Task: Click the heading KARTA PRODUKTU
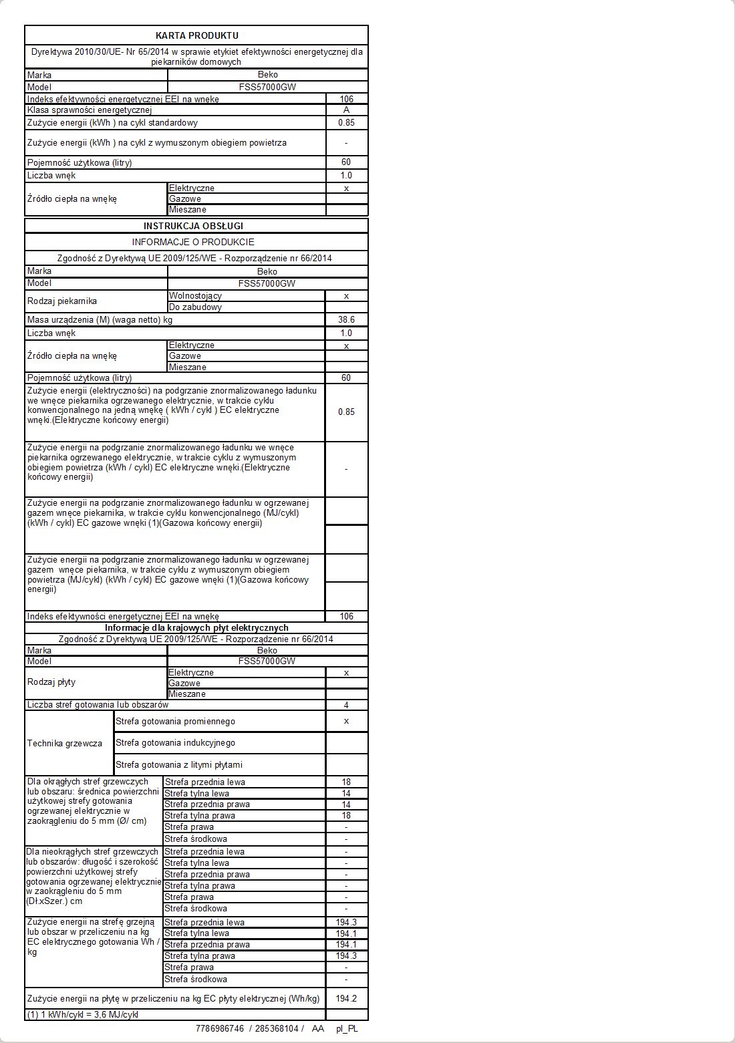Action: pos(196,35)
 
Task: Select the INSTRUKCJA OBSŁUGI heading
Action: pos(193,226)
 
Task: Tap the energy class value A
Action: pos(346,110)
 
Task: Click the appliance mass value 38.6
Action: pos(346,319)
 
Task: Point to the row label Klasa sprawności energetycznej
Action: pos(90,110)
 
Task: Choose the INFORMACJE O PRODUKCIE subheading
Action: pos(193,242)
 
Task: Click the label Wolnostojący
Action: pos(195,295)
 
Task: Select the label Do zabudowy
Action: pos(195,307)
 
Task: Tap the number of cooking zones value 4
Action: pos(346,705)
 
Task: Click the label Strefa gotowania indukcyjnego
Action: pos(175,743)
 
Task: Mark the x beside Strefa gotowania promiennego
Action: pos(346,721)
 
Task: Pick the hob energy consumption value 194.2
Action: pos(346,998)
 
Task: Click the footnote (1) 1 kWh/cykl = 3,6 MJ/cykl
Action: pos(82,1014)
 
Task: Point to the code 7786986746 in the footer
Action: pos(220,1028)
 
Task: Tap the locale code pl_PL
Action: pos(347,1028)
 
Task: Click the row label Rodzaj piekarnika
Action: pos(62,301)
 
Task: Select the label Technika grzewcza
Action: pos(65,743)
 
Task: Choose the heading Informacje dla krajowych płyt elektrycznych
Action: pos(196,627)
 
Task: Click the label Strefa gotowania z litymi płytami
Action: pos(179,764)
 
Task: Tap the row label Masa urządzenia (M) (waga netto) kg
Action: pos(100,320)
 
